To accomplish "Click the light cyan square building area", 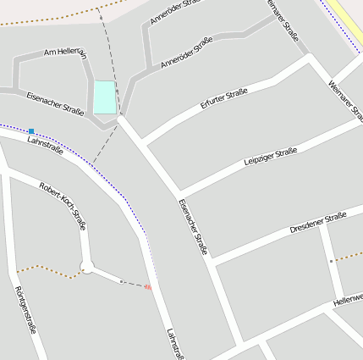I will [x=104, y=97].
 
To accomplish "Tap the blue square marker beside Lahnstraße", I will [x=31, y=131].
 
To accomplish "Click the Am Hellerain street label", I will [x=65, y=53].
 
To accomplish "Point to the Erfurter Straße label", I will [x=224, y=98].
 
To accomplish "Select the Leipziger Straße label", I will [x=270, y=157].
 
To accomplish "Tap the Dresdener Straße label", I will [x=319, y=223].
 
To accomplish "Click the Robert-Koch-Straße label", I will [x=63, y=206].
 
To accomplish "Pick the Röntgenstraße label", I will [x=25, y=309].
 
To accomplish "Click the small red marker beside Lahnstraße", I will [x=148, y=287].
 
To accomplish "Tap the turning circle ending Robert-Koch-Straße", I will [x=86, y=269].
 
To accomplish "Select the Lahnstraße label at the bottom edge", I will [x=175, y=344].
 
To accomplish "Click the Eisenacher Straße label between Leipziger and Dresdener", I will [x=193, y=228].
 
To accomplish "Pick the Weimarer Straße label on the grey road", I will [x=283, y=19].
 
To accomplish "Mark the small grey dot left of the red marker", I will [x=121, y=281].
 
